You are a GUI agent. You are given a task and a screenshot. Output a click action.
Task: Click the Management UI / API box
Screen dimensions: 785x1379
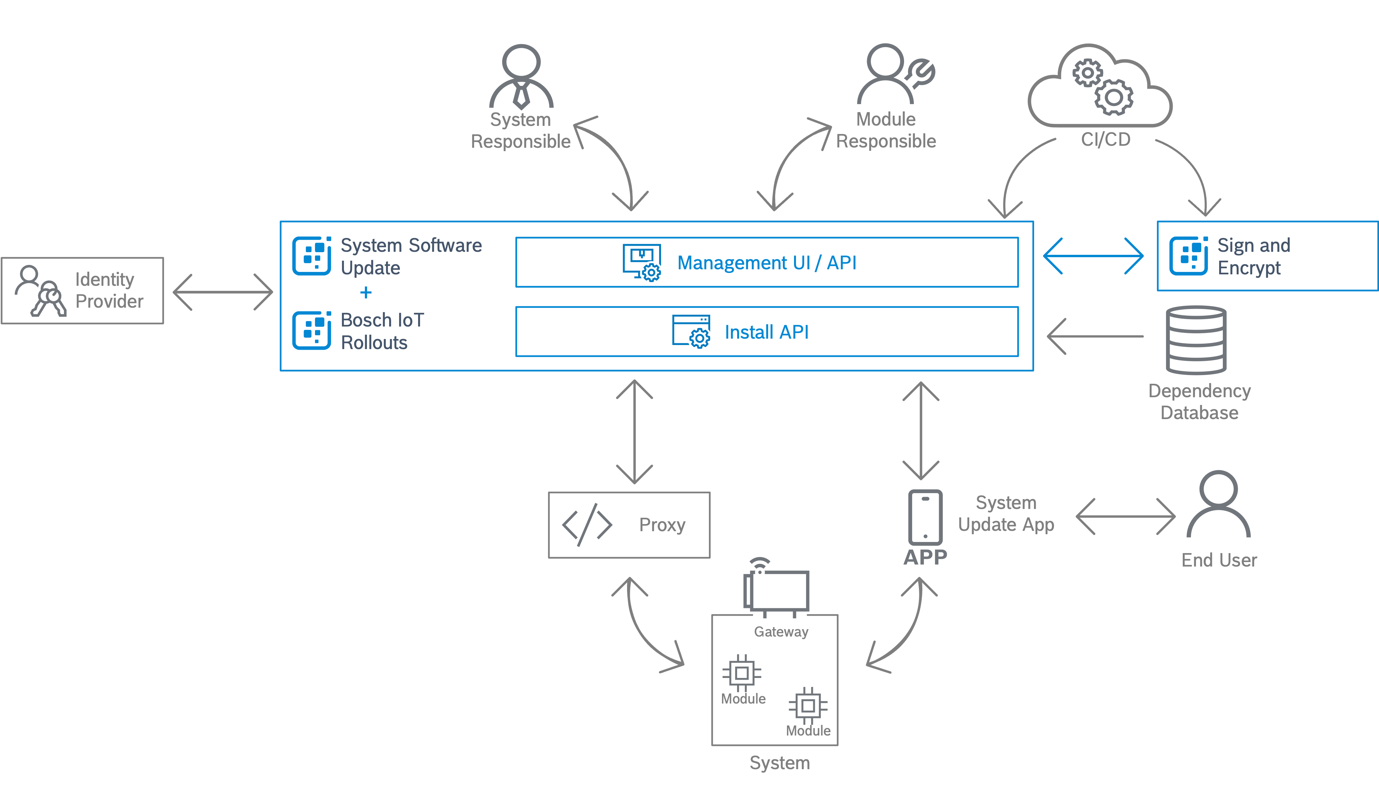coord(767,263)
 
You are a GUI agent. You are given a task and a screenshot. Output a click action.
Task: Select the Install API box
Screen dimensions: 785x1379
coord(767,332)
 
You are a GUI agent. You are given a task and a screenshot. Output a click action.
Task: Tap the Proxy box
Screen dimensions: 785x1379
coord(629,524)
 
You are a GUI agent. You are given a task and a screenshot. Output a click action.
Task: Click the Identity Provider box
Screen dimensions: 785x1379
coord(82,291)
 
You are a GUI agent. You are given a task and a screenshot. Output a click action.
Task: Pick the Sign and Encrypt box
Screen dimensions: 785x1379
coord(1267,256)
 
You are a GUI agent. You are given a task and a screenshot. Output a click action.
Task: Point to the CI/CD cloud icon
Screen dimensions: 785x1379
coord(1100,86)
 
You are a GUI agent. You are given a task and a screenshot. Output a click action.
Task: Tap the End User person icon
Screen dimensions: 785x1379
coord(1218,504)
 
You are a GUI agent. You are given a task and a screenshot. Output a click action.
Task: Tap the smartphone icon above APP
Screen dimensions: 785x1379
coord(925,518)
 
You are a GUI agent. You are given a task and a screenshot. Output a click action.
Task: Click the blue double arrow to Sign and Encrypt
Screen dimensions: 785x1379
coord(1093,256)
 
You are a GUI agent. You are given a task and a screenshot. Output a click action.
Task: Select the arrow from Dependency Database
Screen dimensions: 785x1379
coord(1094,336)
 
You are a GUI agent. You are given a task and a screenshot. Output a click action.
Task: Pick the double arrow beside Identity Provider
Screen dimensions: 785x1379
coord(222,292)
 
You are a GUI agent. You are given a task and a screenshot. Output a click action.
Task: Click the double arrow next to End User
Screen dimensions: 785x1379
coord(1125,516)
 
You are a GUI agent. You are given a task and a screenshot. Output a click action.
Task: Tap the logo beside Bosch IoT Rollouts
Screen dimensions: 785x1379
coord(313,331)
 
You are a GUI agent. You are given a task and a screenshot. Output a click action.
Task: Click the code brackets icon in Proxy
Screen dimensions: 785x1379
coord(587,524)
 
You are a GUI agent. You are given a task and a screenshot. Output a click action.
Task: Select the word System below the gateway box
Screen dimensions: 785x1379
coord(780,763)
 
